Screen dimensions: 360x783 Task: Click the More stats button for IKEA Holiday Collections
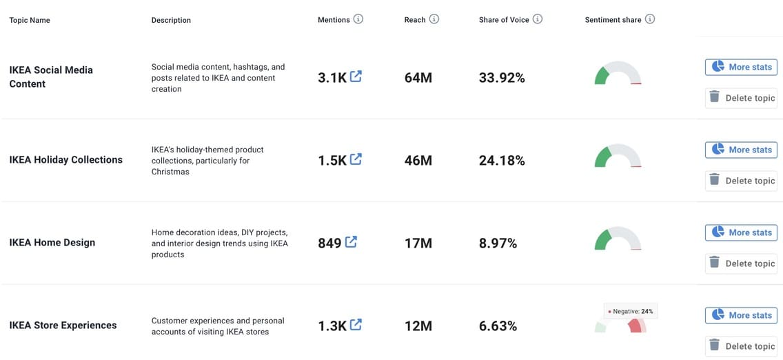(741, 150)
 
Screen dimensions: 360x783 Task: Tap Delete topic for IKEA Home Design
(741, 263)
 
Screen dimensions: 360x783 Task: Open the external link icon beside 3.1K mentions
(356, 77)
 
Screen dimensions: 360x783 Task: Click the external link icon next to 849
(351, 242)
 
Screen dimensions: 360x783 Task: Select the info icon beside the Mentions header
(358, 19)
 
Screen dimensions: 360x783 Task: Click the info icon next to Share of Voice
(538, 19)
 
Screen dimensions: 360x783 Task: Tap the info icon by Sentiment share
(650, 19)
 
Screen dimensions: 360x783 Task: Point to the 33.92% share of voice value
(502, 78)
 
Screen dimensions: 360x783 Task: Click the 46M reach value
(418, 161)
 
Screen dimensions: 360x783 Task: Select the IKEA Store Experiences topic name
(63, 326)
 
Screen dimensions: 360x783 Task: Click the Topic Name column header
(30, 20)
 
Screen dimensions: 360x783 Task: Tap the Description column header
(171, 20)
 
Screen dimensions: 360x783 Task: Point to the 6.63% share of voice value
(498, 326)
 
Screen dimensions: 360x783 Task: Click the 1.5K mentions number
(332, 161)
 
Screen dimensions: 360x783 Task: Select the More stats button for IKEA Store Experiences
(741, 315)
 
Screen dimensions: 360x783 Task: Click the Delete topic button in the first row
(741, 98)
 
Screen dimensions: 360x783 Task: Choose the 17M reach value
(418, 243)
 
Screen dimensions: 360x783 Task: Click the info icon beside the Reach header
(434, 19)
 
